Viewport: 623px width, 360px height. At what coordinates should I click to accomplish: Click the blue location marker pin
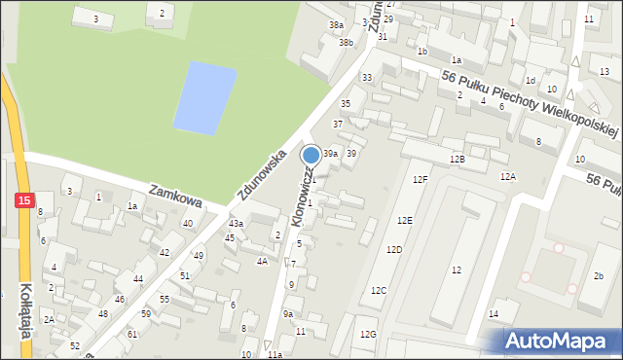[311, 155]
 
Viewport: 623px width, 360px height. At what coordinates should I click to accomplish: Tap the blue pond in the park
[204, 98]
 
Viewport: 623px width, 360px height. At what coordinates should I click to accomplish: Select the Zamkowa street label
[175, 194]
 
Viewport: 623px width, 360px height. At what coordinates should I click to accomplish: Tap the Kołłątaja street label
[26, 308]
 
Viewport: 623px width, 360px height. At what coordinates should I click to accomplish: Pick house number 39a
[331, 154]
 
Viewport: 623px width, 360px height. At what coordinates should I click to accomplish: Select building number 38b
[346, 43]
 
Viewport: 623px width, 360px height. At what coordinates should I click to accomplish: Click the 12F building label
[419, 180]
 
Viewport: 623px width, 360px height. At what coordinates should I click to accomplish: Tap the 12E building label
[404, 221]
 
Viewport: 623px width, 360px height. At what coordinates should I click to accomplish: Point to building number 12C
[379, 291]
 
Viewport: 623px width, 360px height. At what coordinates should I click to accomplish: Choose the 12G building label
[367, 335]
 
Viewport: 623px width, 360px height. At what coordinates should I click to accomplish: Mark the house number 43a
[236, 224]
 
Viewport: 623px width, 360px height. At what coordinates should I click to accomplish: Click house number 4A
[262, 261]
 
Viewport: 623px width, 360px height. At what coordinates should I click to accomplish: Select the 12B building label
[457, 159]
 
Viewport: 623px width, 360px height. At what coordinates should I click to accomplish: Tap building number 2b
[599, 276]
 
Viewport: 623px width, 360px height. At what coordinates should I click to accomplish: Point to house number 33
[367, 77]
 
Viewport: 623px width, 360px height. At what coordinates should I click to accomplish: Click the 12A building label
[508, 176]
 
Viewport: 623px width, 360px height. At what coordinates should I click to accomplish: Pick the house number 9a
[288, 313]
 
